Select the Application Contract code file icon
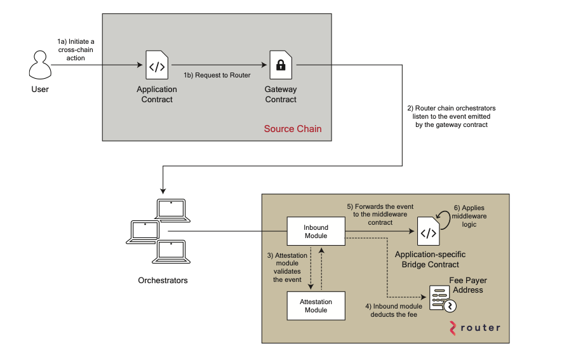[x=157, y=65]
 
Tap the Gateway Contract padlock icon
[x=280, y=65]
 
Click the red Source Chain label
[x=293, y=129]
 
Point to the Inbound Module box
[x=316, y=231]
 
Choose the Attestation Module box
[x=316, y=305]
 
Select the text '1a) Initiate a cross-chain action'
[x=76, y=50]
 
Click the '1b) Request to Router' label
[x=217, y=75]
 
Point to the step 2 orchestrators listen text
[x=448, y=116]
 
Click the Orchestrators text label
[x=163, y=280]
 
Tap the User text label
[x=40, y=89]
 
